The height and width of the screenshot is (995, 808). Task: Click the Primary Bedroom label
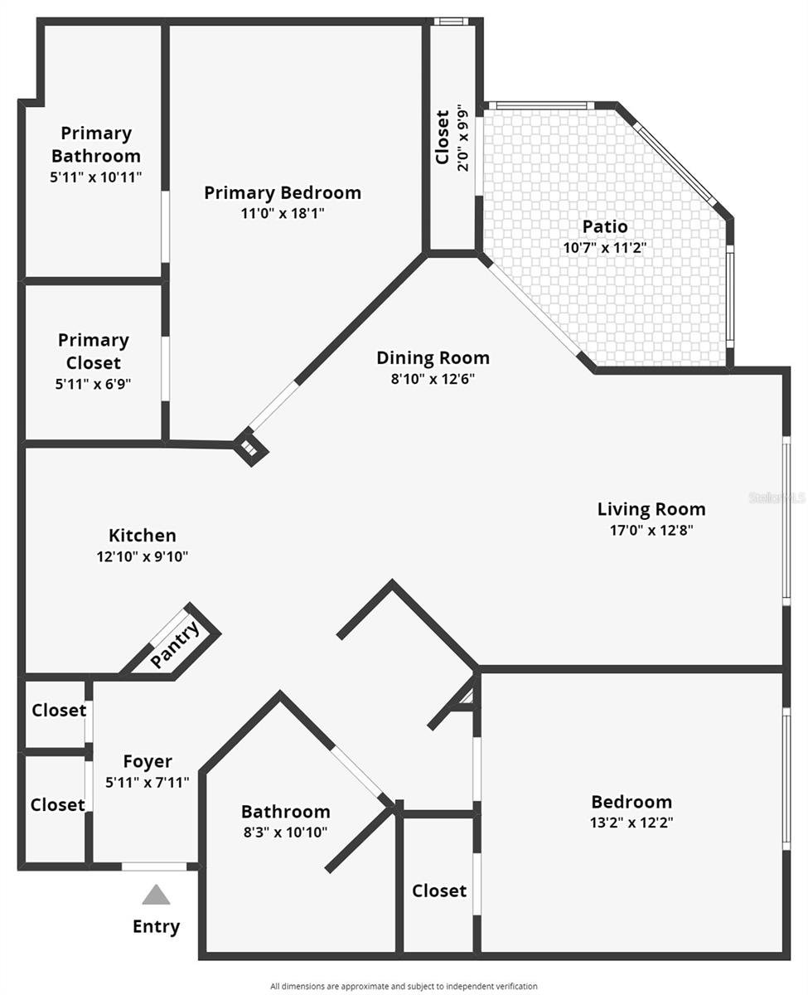(283, 193)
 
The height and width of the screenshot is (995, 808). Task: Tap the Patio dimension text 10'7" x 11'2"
(604, 247)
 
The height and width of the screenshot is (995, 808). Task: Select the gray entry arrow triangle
(156, 895)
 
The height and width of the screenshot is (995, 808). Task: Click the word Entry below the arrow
(156, 926)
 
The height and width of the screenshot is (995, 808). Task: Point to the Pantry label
(176, 645)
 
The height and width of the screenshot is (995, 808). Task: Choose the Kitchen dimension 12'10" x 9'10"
(142, 557)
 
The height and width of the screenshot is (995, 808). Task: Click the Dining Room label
(433, 358)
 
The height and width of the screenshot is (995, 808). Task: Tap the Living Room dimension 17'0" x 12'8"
(651, 531)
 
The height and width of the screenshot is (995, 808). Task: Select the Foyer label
(148, 761)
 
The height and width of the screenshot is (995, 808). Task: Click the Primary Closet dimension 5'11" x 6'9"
(94, 384)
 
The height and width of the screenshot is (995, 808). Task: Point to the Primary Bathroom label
(96, 144)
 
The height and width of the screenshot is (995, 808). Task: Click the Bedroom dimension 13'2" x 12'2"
(631, 823)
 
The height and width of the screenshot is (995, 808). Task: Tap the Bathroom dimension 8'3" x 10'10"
(285, 832)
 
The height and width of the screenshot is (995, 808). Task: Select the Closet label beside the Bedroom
(439, 891)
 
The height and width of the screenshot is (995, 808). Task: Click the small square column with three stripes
(250, 449)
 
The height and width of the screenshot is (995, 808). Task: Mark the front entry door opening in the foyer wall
(154, 866)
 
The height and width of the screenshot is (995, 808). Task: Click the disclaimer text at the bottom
(404, 986)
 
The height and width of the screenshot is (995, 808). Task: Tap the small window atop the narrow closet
(451, 22)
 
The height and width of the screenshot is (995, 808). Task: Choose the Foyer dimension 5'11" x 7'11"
(148, 781)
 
